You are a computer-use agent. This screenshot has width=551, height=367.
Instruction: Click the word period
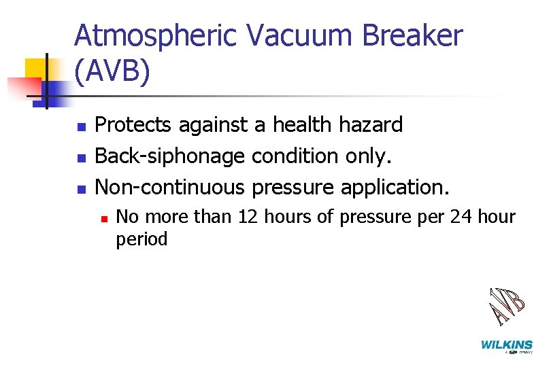141,239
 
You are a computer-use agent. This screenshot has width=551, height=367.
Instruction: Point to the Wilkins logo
507,346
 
